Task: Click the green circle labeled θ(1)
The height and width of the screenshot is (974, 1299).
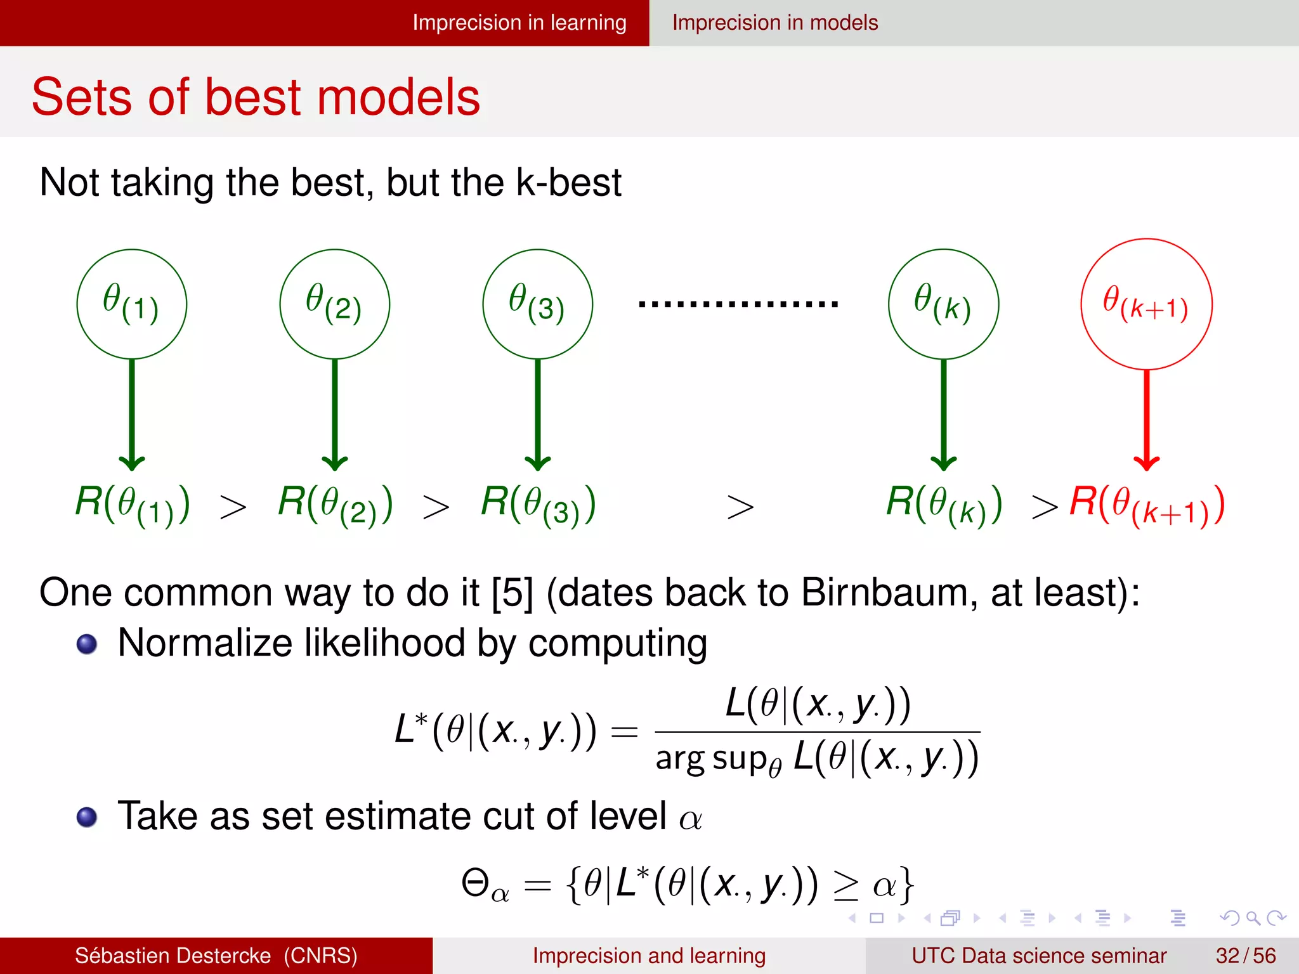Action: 132,304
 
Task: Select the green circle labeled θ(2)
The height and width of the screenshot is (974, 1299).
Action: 335,304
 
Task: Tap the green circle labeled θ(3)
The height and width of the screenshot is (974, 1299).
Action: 538,304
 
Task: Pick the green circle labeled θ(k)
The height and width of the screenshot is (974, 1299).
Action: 944,304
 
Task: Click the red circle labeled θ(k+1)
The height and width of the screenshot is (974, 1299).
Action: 1147,304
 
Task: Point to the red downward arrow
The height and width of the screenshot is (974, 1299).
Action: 1147,419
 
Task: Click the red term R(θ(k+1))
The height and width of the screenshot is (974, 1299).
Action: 1147,505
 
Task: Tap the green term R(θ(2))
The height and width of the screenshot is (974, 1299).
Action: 336,505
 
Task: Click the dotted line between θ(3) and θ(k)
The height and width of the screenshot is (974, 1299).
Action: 738,304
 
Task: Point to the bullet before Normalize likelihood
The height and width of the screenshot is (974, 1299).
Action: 87,644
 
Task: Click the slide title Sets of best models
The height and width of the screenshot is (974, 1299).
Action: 256,97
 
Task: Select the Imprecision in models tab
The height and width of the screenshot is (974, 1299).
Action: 775,23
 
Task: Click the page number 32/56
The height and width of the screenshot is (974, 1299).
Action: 1245,956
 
